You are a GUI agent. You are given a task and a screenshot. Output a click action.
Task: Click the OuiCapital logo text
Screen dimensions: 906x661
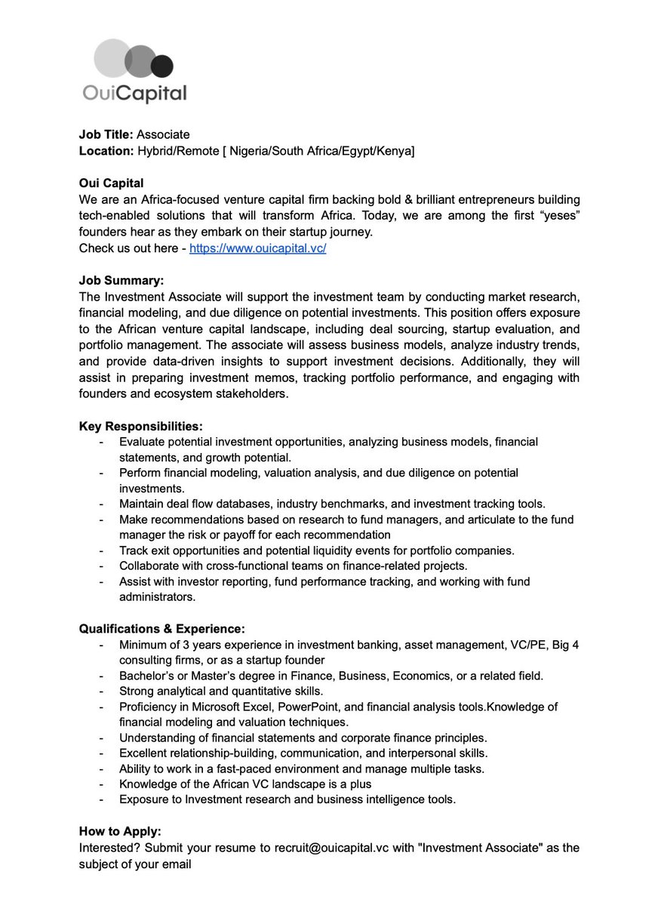pos(134,93)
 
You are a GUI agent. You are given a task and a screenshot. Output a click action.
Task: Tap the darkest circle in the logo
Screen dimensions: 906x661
pos(161,66)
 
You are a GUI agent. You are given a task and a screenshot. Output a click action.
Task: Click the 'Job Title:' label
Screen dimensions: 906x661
pos(106,135)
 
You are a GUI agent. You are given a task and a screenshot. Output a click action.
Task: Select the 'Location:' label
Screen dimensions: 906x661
pos(106,151)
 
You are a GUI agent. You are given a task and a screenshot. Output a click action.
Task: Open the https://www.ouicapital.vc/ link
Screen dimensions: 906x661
pos(257,248)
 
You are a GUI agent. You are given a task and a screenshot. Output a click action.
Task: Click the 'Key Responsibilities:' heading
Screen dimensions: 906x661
pos(140,426)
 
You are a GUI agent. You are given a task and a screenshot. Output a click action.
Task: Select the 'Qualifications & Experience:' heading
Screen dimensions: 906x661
pos(162,629)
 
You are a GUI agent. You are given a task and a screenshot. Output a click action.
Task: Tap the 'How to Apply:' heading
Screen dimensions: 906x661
pos(120,832)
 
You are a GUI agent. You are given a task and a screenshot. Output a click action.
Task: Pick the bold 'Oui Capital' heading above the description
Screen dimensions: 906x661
pos(111,183)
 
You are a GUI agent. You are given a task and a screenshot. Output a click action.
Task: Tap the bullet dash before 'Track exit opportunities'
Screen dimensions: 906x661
pos(101,550)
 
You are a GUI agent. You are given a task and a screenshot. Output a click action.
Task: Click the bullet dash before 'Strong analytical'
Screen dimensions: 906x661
pos(101,692)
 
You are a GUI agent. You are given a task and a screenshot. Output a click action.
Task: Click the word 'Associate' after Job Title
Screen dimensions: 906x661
pos(163,135)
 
